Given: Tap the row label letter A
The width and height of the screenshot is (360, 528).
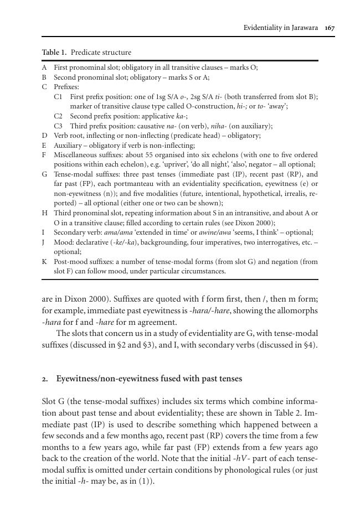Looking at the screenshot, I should [44, 68].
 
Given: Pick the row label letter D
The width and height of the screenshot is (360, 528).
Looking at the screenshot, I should [44, 135].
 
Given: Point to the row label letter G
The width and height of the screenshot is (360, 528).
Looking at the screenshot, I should [44, 174].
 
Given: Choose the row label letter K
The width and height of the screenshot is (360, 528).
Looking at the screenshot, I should [44, 261].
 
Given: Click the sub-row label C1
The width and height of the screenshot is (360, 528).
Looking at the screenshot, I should [58, 96].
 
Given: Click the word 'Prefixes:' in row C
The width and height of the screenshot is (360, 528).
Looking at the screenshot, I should [66, 87].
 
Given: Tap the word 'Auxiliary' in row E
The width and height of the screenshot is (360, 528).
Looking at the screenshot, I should [68, 145].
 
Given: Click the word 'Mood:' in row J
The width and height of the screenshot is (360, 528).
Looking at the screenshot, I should [63, 242].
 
